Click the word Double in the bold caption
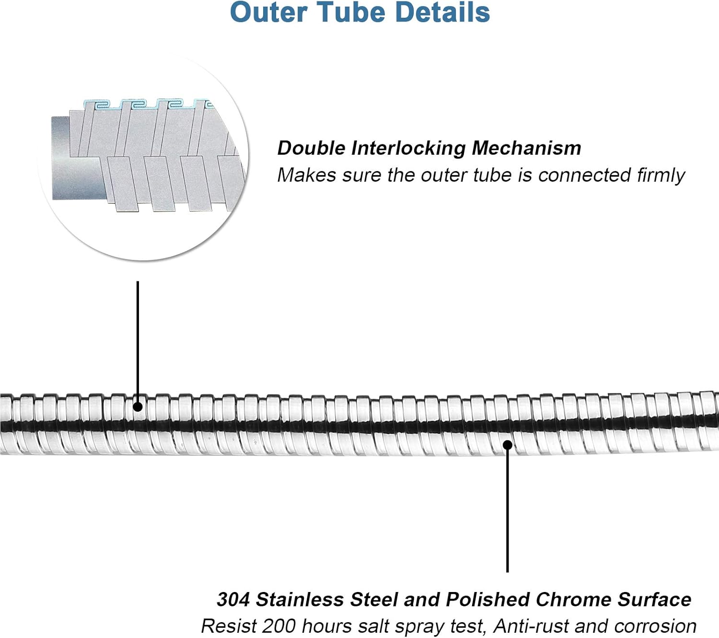pyautogui.click(x=311, y=148)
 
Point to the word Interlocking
pyautogui.click(x=408, y=148)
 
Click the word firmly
pyautogui.click(x=661, y=175)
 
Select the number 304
pyautogui.click(x=233, y=600)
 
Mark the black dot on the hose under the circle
pyautogui.click(x=138, y=407)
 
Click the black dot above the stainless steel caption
pyautogui.click(x=508, y=445)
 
